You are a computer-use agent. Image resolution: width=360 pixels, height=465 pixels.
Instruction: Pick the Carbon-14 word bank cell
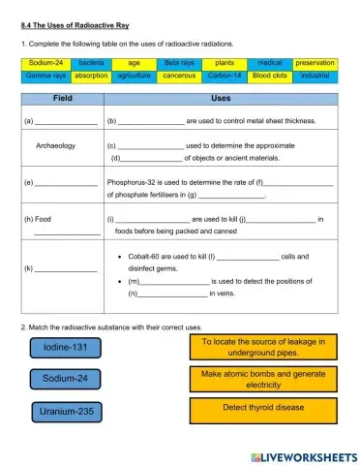pos(224,75)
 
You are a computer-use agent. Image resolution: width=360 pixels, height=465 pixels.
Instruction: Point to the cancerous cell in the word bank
pos(179,75)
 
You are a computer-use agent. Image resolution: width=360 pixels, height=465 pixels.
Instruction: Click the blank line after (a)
pos(66,122)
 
